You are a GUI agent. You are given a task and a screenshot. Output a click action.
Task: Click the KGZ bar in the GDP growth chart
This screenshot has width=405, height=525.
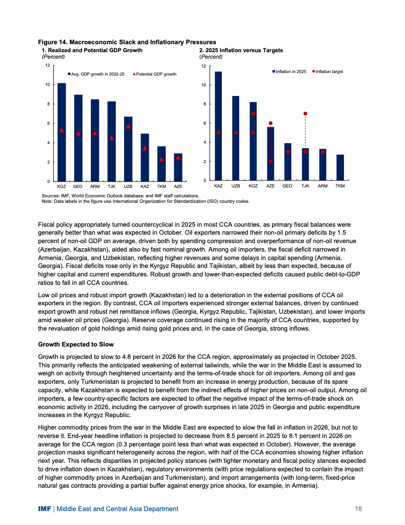click(x=62, y=132)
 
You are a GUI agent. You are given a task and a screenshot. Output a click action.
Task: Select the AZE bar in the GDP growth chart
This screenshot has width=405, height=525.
click(x=178, y=167)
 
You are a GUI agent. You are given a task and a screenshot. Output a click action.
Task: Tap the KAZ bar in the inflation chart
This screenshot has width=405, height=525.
click(x=218, y=126)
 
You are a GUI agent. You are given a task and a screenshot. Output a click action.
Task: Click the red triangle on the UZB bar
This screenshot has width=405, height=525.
click(x=128, y=126)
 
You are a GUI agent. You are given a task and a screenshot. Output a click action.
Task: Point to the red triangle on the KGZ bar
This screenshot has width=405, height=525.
click(x=62, y=130)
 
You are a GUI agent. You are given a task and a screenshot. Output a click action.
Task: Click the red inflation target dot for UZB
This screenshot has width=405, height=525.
click(x=236, y=133)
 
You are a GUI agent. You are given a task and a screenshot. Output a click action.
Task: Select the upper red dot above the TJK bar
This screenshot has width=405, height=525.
click(x=305, y=114)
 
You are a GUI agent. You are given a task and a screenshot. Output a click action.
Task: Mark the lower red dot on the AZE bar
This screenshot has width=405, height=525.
click(x=270, y=161)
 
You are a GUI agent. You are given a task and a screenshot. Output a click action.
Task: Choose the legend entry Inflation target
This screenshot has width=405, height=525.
click(x=329, y=72)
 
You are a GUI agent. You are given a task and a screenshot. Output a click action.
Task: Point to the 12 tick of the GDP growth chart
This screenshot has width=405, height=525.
click(x=47, y=65)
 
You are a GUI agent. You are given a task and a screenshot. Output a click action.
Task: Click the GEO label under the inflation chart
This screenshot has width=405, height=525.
click(x=287, y=185)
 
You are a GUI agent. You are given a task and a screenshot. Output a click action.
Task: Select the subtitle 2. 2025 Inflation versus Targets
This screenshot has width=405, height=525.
click(x=241, y=50)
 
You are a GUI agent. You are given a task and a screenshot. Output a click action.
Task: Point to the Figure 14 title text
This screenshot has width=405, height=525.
click(x=127, y=42)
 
